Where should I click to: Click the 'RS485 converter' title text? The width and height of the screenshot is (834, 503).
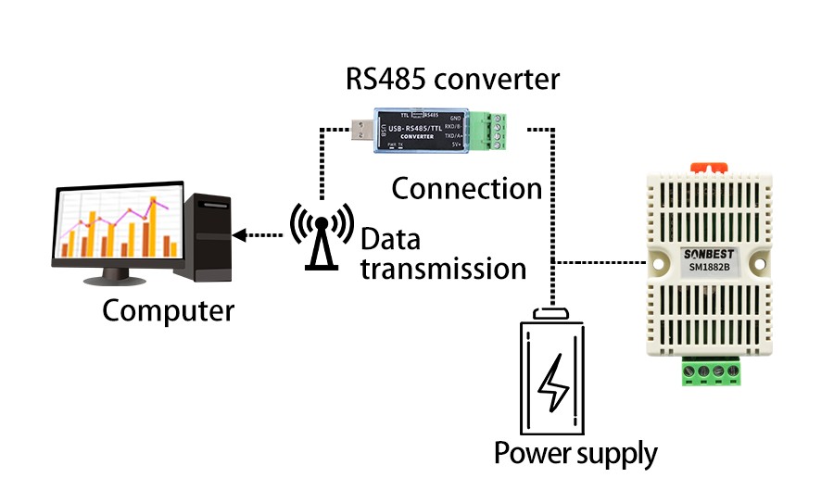tap(452, 79)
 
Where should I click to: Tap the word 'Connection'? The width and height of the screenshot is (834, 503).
tap(466, 189)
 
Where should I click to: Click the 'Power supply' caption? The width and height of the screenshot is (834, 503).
tap(575, 454)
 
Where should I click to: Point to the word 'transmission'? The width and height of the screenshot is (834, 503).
tap(443, 270)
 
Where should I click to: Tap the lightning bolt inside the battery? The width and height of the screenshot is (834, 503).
tap(554, 382)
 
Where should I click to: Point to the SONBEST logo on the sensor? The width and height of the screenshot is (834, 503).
tap(708, 254)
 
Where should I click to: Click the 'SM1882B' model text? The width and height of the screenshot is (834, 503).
tap(708, 269)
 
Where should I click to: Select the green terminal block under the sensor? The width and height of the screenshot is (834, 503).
tap(712, 372)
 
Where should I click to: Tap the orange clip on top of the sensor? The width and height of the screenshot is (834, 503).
tap(708, 167)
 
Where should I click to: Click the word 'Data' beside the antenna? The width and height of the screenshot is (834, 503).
tap(390, 240)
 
